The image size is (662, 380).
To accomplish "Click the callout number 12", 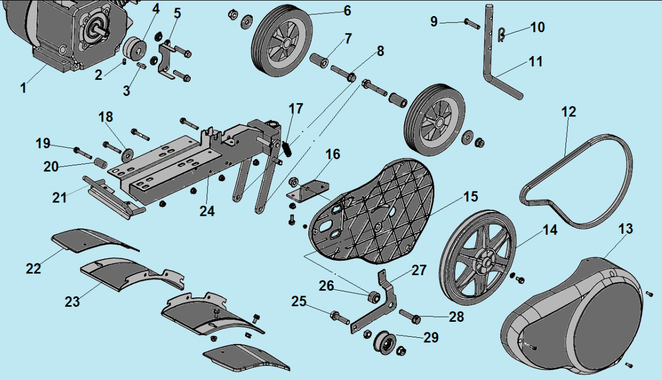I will pos(568,112).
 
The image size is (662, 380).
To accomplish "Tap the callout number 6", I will pos(347,10).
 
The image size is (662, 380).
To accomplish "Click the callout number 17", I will pos(296,108).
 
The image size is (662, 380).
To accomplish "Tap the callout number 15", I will pos(470,196).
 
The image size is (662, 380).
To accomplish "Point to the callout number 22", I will pos(33,268).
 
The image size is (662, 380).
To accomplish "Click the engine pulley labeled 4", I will pos(134,48).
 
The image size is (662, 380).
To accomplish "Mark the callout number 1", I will pos(23,87).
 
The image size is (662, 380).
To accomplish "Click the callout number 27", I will pos(419,270).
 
